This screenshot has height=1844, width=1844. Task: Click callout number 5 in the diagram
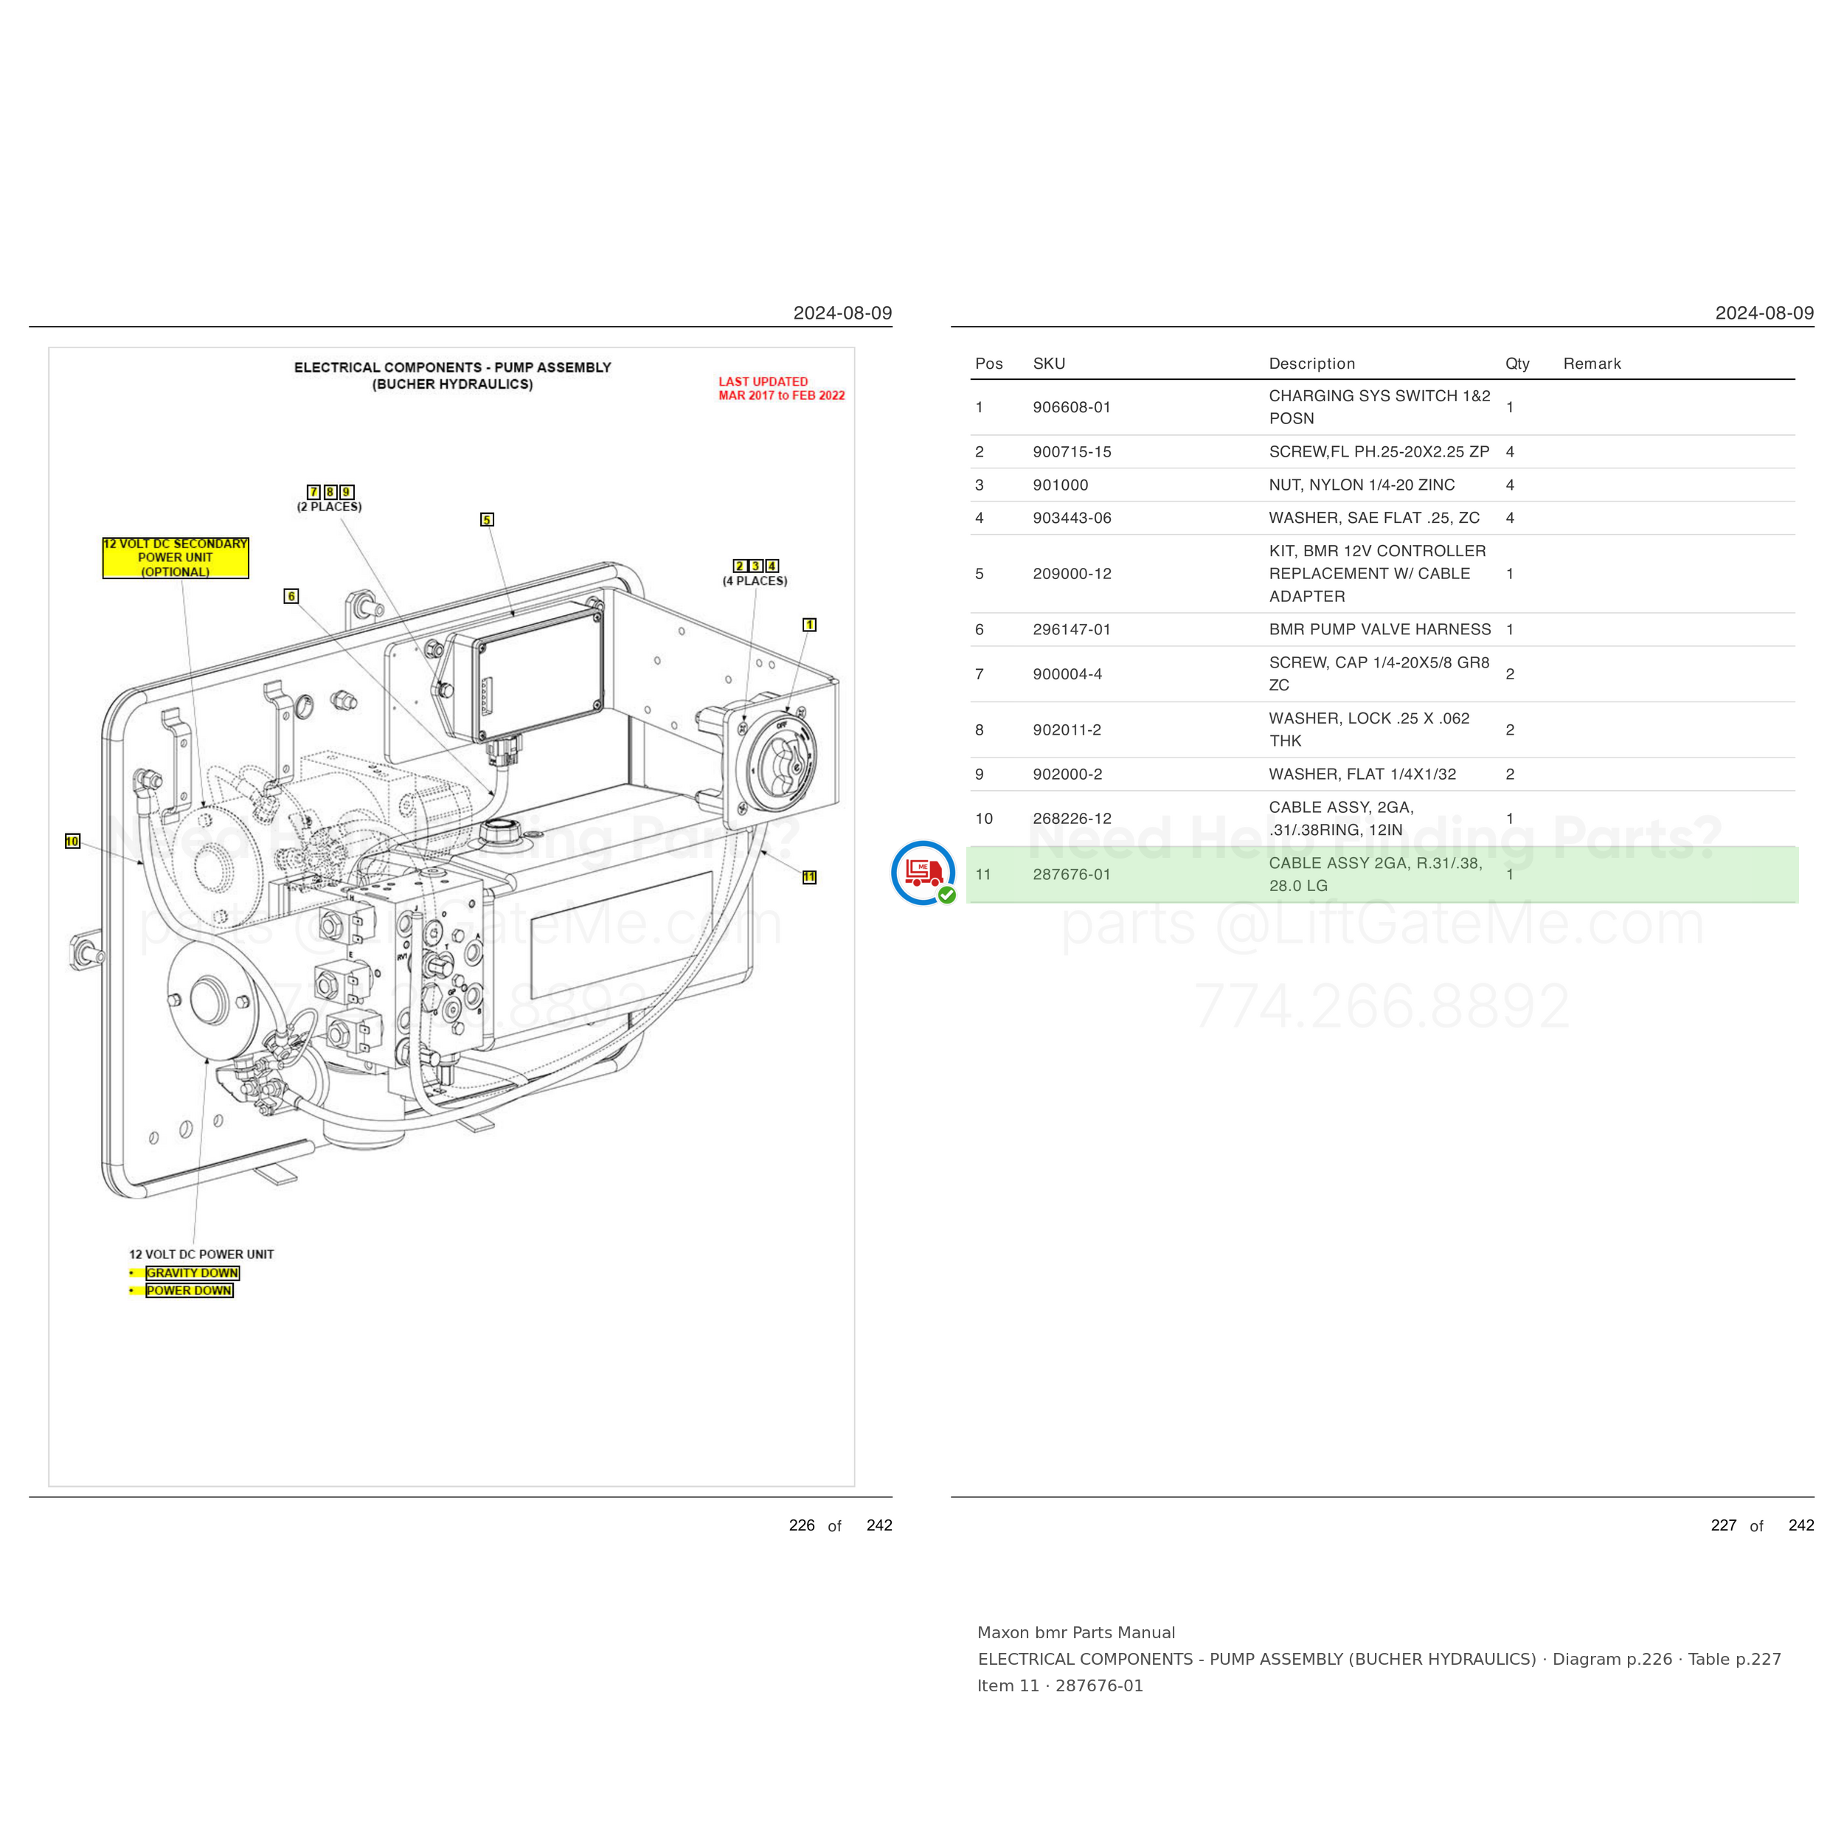pyautogui.click(x=487, y=519)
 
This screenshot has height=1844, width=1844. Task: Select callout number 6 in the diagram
pyautogui.click(x=291, y=595)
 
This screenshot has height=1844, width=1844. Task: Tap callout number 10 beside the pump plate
pyautogui.click(x=72, y=841)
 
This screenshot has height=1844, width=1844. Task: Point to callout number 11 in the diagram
pyautogui.click(x=809, y=877)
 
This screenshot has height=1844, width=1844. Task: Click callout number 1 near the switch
pyautogui.click(x=809, y=625)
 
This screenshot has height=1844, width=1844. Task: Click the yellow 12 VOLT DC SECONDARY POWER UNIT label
pyautogui.click(x=176, y=558)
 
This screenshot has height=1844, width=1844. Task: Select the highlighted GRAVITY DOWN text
pyautogui.click(x=192, y=1272)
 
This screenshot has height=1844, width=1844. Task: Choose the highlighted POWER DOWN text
pyautogui.click(x=189, y=1290)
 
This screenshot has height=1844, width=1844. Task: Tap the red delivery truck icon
pyautogui.click(x=923, y=871)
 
